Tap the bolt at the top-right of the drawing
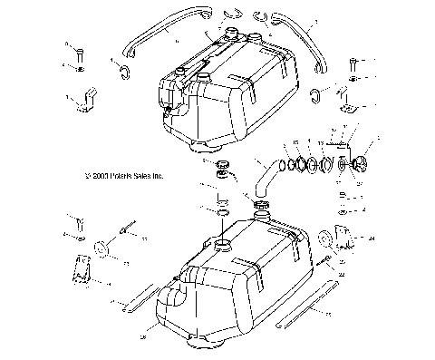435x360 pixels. (352, 65)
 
